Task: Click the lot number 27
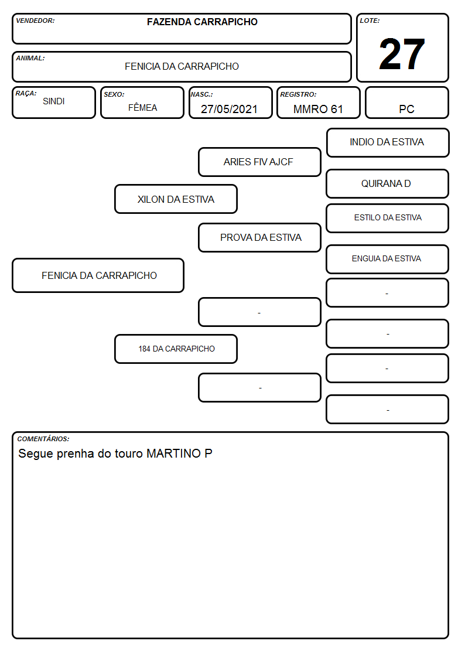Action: click(402, 54)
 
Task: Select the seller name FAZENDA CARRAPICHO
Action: click(202, 22)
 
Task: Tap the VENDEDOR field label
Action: click(35, 21)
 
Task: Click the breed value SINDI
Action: click(54, 101)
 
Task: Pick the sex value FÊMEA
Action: click(142, 107)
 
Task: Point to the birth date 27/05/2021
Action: click(229, 109)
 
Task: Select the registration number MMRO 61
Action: click(318, 109)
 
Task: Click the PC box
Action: click(406, 103)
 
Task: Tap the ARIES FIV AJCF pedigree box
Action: click(259, 162)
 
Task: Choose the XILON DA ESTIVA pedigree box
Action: click(176, 199)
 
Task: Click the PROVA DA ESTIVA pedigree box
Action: click(259, 237)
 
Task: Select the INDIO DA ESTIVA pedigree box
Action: click(388, 143)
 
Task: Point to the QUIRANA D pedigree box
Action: click(388, 184)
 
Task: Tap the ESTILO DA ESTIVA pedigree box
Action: click(388, 218)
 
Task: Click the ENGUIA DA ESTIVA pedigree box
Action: click(388, 260)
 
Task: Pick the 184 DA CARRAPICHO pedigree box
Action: click(176, 349)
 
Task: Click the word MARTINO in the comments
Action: click(173, 454)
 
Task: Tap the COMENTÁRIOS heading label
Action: click(43, 439)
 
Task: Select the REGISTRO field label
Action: click(298, 94)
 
